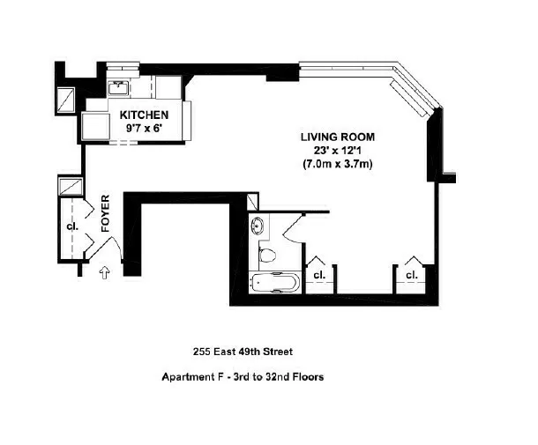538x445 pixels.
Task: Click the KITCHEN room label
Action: coord(144,115)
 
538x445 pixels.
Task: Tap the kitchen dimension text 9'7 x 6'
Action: coord(144,129)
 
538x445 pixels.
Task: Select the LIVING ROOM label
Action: coord(338,137)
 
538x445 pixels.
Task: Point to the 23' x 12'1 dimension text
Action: coord(338,150)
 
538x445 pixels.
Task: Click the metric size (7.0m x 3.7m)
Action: coord(338,163)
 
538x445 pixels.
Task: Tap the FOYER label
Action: coord(105,213)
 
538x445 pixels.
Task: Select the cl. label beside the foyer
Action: coord(72,226)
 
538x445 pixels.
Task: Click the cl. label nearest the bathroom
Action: coord(318,274)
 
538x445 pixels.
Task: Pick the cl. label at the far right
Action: coord(411,274)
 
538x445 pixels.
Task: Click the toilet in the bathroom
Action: coord(270,256)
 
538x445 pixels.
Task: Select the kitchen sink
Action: coord(117,87)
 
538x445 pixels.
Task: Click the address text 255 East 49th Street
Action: coord(243,351)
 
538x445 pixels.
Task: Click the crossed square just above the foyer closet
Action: coord(70,187)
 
